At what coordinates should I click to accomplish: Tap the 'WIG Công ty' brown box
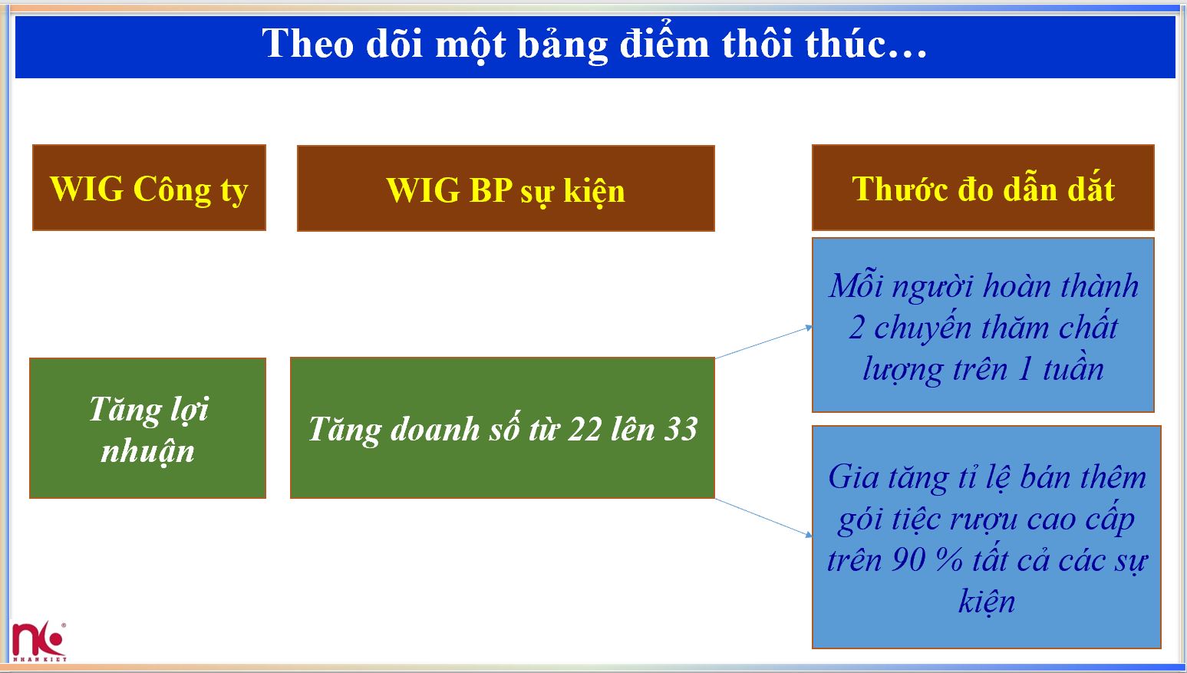point(149,188)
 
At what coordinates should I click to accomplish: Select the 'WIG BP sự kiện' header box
point(505,190)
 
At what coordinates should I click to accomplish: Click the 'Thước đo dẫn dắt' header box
point(982,188)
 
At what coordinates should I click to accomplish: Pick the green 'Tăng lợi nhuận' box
point(147,428)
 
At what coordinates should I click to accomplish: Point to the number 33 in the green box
point(680,430)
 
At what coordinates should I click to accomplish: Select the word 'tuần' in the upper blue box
point(1073,370)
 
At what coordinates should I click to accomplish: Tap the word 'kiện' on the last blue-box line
point(986,602)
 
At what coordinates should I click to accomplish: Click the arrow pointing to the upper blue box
point(763,342)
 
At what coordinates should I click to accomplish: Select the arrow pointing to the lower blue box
point(763,517)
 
